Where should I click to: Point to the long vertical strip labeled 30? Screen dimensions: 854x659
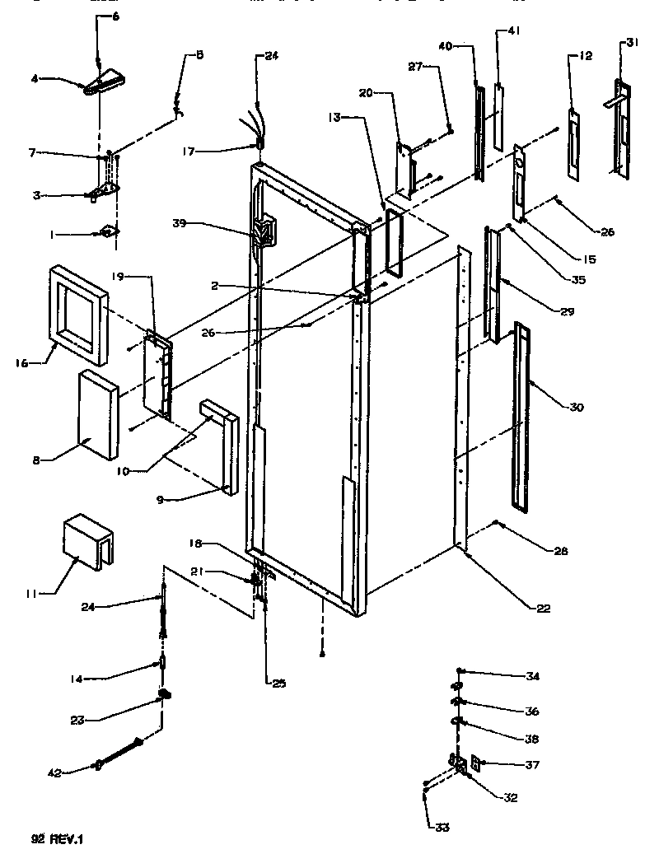pyautogui.click(x=520, y=416)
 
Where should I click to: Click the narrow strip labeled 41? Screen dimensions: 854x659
pyautogui.click(x=498, y=115)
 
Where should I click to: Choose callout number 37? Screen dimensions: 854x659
pyautogui.click(x=531, y=765)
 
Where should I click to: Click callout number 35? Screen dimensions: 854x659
pyautogui.click(x=577, y=279)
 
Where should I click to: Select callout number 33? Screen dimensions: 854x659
pyautogui.click(x=443, y=828)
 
